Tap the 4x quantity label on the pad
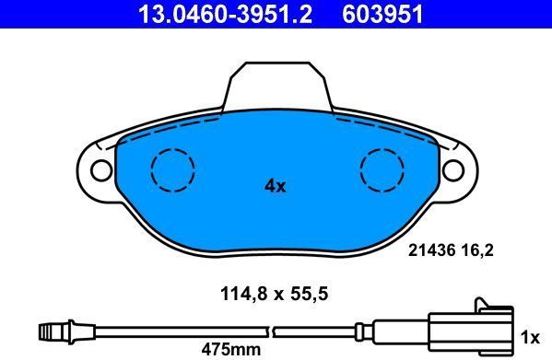275,186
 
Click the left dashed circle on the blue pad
173,170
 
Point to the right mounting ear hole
453,169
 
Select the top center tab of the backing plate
276,85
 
